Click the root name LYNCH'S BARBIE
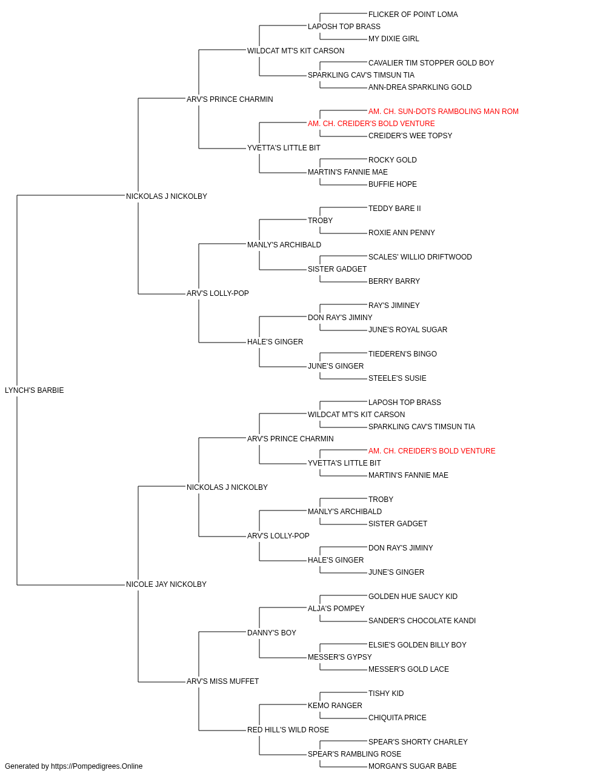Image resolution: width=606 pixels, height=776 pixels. tap(35, 390)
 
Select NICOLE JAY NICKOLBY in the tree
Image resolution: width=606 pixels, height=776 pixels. tap(166, 584)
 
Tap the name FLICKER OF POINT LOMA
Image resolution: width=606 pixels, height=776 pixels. tap(413, 15)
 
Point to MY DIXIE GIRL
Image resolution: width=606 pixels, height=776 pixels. tap(394, 39)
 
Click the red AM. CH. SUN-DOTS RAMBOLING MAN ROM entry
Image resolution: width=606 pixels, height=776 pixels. tap(443, 112)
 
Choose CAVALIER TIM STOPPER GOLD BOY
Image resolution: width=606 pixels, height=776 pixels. tap(431, 63)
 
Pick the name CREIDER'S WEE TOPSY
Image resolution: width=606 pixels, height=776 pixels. tap(410, 136)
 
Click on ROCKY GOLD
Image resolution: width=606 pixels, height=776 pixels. tap(393, 160)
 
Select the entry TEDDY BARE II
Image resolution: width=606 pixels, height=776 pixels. tap(395, 209)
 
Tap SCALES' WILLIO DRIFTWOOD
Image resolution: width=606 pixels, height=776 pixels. tap(420, 257)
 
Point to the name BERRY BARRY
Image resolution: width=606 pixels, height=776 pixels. tap(394, 281)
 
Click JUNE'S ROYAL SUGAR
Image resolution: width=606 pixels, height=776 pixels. tap(408, 330)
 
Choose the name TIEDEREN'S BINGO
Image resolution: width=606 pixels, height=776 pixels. tap(402, 354)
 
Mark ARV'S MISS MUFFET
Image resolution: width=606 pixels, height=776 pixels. tap(222, 681)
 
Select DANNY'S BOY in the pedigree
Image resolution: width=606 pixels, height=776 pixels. tap(271, 633)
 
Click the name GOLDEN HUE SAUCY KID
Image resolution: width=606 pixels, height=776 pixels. tap(413, 597)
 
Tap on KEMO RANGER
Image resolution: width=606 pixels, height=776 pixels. tap(335, 706)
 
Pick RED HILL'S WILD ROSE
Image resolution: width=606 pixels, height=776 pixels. tap(288, 730)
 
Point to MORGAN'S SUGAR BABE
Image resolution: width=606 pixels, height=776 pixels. tap(412, 766)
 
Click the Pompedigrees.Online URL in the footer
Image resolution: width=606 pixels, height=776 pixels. tap(97, 766)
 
